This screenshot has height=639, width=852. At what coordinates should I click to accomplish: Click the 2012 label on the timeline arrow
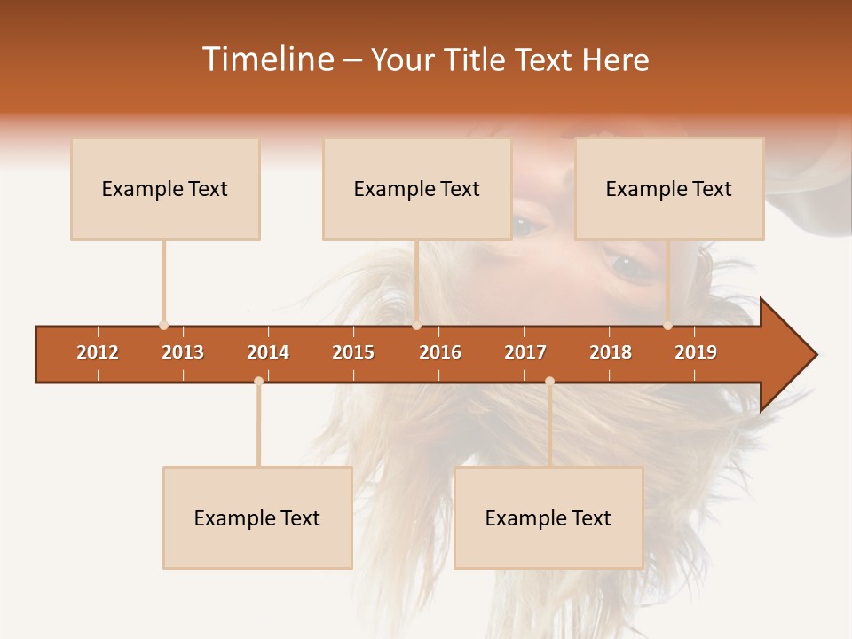click(98, 353)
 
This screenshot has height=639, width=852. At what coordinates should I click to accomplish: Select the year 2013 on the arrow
click(183, 353)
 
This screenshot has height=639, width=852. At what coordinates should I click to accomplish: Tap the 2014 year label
click(268, 353)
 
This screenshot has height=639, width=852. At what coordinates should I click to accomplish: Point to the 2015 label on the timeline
click(353, 353)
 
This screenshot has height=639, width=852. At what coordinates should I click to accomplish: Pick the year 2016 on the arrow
click(440, 353)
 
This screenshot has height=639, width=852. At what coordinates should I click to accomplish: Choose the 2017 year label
click(525, 353)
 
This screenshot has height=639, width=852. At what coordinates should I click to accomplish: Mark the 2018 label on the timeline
click(611, 353)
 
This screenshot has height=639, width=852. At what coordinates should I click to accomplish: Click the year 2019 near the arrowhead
click(696, 353)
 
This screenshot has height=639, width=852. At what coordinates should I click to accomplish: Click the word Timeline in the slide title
click(266, 59)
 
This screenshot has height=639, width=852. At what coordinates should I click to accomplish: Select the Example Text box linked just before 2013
click(165, 189)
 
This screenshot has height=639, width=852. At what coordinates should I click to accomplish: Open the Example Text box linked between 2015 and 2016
click(417, 189)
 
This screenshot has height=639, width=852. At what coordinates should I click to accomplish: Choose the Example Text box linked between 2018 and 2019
click(669, 189)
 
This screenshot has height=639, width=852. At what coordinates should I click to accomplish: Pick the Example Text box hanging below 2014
click(257, 518)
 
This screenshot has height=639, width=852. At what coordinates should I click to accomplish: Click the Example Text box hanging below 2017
click(548, 518)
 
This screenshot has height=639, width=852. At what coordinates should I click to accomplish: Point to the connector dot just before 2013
click(163, 326)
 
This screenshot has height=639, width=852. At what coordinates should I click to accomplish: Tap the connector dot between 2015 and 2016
click(416, 326)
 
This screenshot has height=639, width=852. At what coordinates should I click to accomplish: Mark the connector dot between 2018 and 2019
click(668, 326)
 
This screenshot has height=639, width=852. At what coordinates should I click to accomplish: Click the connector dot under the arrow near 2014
click(258, 381)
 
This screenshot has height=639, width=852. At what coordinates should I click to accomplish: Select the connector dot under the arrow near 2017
click(549, 381)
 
